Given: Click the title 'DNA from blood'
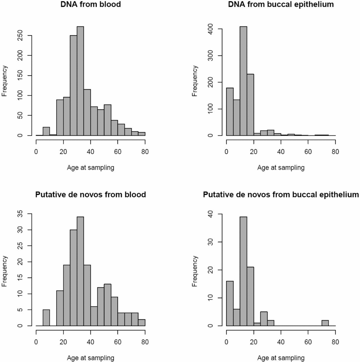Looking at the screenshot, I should (90, 5).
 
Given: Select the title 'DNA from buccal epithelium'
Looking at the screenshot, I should (281, 5).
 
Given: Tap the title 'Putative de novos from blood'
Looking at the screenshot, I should (90, 195).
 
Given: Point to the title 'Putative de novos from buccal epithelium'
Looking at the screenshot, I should (281, 195).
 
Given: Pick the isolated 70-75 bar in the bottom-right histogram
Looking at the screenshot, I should (325, 323).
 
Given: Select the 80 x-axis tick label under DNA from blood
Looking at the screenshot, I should (145, 152).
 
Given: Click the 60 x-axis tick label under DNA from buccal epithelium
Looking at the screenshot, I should (308, 152).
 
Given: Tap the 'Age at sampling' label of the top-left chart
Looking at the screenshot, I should (90, 168).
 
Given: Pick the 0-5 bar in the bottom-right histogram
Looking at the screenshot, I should (230, 303).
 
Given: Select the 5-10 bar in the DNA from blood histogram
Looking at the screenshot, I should (46, 131).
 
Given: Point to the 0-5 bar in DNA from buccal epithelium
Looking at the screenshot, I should (230, 112).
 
